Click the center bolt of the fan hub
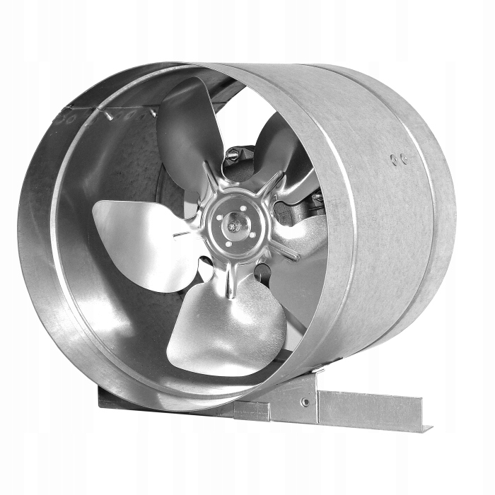pyautogui.click(x=233, y=226)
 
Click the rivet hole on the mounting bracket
pyautogui.click(x=305, y=402)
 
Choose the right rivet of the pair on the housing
pyautogui.click(x=404, y=158)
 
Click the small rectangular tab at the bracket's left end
pyautogui.click(x=252, y=411)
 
